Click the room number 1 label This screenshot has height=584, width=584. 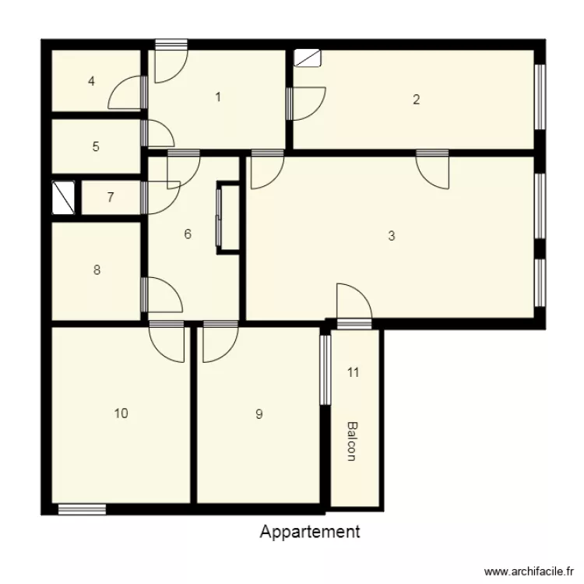tap(218, 97)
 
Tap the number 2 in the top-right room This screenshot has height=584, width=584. tap(417, 99)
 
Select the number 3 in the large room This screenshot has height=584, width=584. tap(391, 236)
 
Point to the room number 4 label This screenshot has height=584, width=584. tap(92, 81)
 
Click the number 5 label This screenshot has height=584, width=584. tap(96, 146)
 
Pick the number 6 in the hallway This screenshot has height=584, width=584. tap(188, 234)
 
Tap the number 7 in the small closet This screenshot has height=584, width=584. tap(111, 197)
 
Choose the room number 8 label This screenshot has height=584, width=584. tap(97, 270)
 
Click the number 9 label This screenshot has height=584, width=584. tap(259, 414)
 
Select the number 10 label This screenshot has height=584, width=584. tap(121, 413)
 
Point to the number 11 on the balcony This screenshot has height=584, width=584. tap(353, 372)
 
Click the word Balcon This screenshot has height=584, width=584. tap(352, 442)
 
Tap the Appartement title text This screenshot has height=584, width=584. tap(310, 532)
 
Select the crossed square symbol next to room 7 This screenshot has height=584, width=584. tap(63, 198)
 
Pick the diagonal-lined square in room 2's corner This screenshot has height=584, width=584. tap(307, 58)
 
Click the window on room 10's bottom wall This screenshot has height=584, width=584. tap(82, 509)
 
